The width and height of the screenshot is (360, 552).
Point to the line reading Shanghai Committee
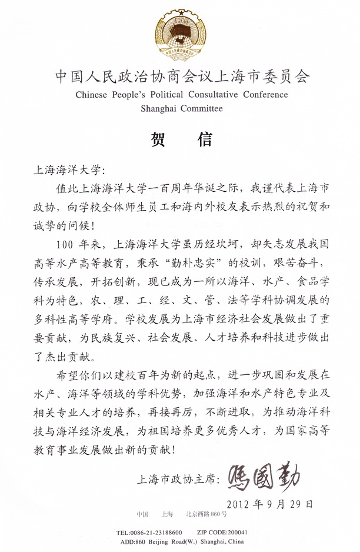181,108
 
